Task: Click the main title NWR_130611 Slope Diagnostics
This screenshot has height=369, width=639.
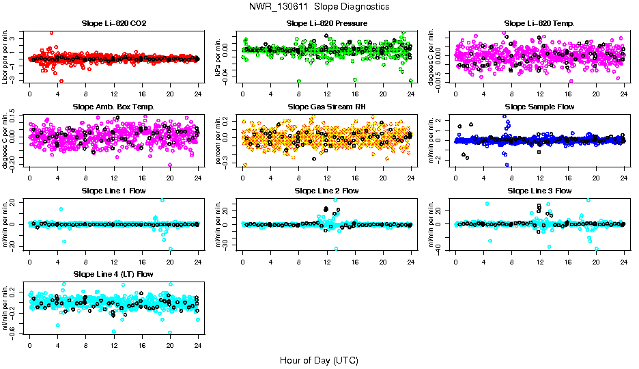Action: coord(319,6)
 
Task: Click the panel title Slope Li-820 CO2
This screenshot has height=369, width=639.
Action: coord(113,24)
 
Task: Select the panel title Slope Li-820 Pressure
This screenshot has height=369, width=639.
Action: coord(327,24)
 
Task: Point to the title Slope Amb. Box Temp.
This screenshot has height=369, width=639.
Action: coord(113,107)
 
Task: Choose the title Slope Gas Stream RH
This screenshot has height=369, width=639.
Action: coord(327,107)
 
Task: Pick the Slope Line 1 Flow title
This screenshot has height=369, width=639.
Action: coord(113,191)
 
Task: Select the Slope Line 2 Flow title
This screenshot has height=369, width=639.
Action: coord(327,191)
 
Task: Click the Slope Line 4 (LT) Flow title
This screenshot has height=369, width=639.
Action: coord(113,274)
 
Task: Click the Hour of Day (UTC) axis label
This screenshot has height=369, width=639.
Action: coord(319,359)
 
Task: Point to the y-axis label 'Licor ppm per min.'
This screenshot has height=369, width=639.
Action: coord(6,56)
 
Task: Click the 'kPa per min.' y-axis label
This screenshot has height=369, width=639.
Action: coord(219,56)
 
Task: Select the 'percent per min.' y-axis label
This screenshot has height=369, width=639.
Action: coord(219,140)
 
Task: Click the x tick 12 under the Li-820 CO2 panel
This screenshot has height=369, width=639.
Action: coord(113,95)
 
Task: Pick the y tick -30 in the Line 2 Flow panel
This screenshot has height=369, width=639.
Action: coord(231,244)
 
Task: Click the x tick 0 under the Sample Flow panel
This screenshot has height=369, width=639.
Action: coord(455,178)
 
